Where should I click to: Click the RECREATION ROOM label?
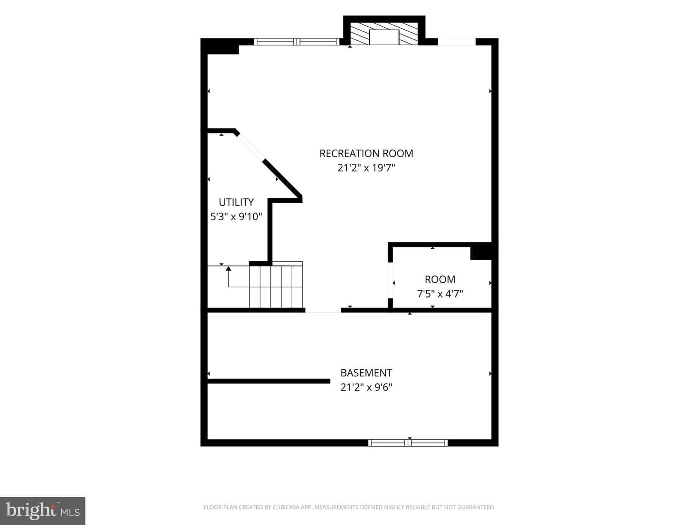pos(366,153)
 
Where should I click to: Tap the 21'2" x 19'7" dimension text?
pos(366,168)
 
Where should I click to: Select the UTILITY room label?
pos(236,202)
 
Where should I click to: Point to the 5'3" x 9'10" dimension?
pos(236,217)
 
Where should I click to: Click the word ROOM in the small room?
pos(440,279)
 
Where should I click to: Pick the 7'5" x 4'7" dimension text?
pos(440,294)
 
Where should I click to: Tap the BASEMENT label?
pos(366,373)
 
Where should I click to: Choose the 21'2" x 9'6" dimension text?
pos(366,387)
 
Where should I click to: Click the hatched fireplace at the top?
pos(384,34)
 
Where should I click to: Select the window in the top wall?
pos(297,41)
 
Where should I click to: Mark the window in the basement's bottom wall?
pos(408,443)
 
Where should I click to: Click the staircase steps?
pos(276,285)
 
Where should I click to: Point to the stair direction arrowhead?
pos(228,268)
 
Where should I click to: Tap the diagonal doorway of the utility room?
pos(251,147)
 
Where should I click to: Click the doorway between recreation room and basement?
pos(323,310)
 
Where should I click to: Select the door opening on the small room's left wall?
pos(390,280)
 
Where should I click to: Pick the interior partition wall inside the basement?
pos(269,381)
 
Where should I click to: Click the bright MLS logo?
pos(43,510)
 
